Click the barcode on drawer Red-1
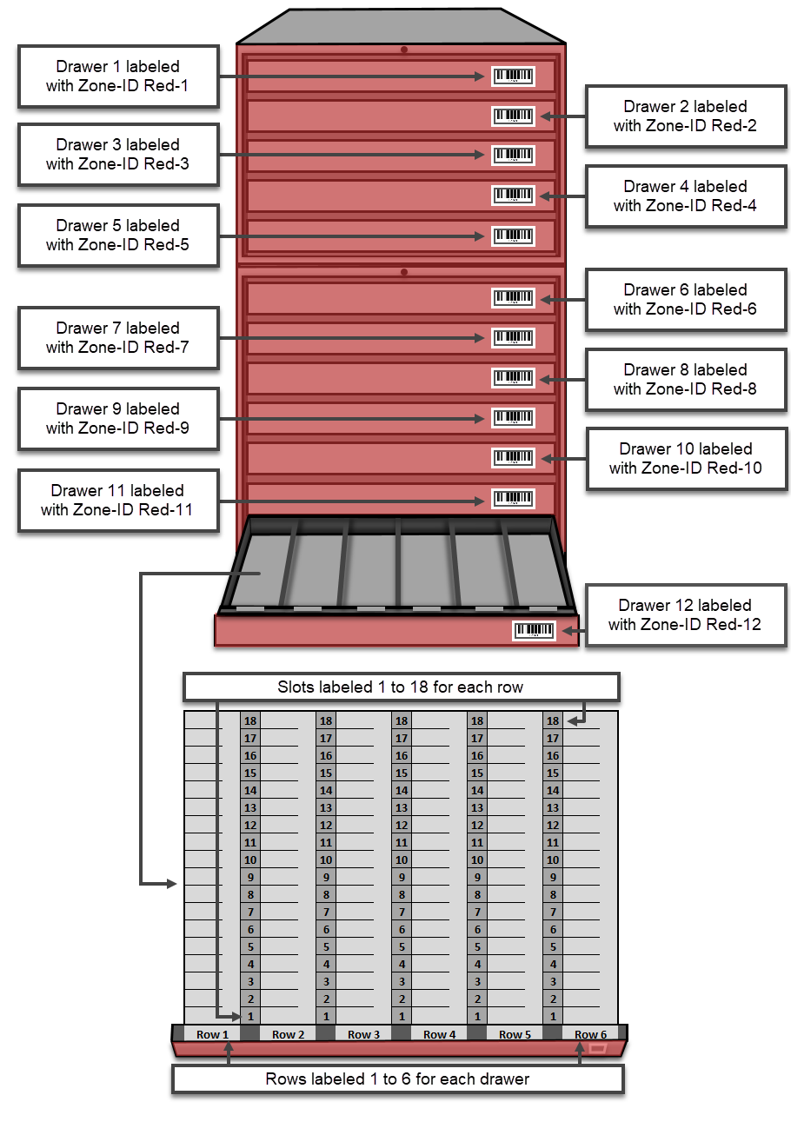coord(513,76)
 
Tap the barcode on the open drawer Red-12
coord(534,630)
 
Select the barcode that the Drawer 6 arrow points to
coord(513,298)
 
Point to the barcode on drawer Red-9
coord(513,418)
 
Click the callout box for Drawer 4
coord(686,196)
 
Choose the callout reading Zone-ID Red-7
coord(118,338)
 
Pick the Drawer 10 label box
coord(687,459)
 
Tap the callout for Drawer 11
coord(118,500)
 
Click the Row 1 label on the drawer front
coord(212,1034)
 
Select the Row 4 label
coord(439,1034)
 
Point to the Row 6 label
coord(590,1034)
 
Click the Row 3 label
coord(364,1034)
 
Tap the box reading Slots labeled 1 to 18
coord(402,687)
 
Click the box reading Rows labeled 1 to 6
coord(398,1079)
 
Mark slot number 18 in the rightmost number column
coord(553,720)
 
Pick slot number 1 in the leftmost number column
coord(250,1016)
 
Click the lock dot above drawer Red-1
coord(404,50)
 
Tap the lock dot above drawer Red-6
coord(404,272)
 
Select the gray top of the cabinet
coord(401,26)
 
